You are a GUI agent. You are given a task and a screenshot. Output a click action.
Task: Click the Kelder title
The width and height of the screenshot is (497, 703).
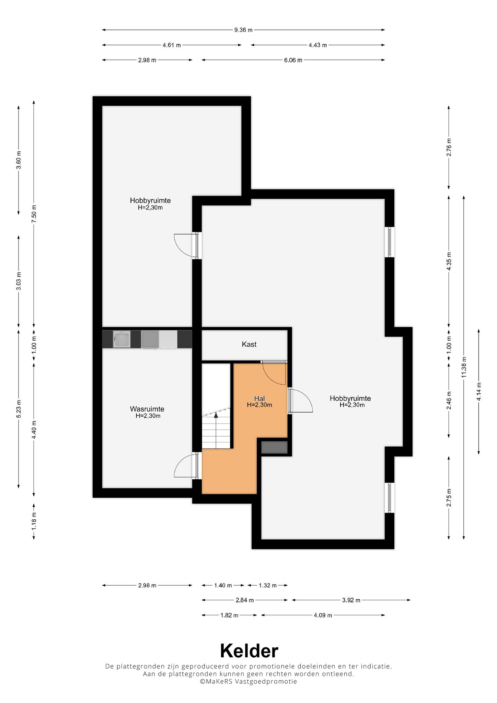[x=249, y=650]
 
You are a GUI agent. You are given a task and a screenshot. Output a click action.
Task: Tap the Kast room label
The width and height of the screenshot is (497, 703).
[x=249, y=344]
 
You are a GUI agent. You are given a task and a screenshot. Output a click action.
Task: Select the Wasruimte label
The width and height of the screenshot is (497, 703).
[x=147, y=409]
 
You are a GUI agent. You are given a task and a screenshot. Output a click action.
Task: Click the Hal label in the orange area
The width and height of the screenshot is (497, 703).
[x=259, y=398]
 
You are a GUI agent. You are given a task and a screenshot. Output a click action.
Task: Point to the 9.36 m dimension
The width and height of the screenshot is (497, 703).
[x=243, y=30]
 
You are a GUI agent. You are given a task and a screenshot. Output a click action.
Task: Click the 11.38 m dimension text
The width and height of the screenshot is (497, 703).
[x=464, y=367]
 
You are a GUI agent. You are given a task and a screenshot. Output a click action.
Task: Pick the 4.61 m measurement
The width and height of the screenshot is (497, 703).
[x=172, y=45]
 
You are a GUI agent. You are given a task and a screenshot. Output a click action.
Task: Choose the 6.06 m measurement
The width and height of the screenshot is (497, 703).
[x=293, y=60]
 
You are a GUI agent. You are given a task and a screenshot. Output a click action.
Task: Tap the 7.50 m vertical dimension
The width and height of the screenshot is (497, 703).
[x=34, y=214]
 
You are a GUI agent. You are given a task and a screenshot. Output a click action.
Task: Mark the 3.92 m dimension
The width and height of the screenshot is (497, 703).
[x=351, y=600]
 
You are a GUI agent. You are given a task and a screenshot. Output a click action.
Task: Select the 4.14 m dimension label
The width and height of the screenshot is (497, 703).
[x=479, y=391]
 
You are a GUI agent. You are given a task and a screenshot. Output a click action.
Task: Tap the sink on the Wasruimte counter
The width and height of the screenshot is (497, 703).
[x=121, y=339]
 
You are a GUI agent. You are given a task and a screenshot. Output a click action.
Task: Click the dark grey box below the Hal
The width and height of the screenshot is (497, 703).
[x=274, y=447]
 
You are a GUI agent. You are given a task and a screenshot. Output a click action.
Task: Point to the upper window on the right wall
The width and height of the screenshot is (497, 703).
[x=390, y=242]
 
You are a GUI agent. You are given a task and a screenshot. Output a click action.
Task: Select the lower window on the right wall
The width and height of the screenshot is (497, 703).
[x=390, y=498]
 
